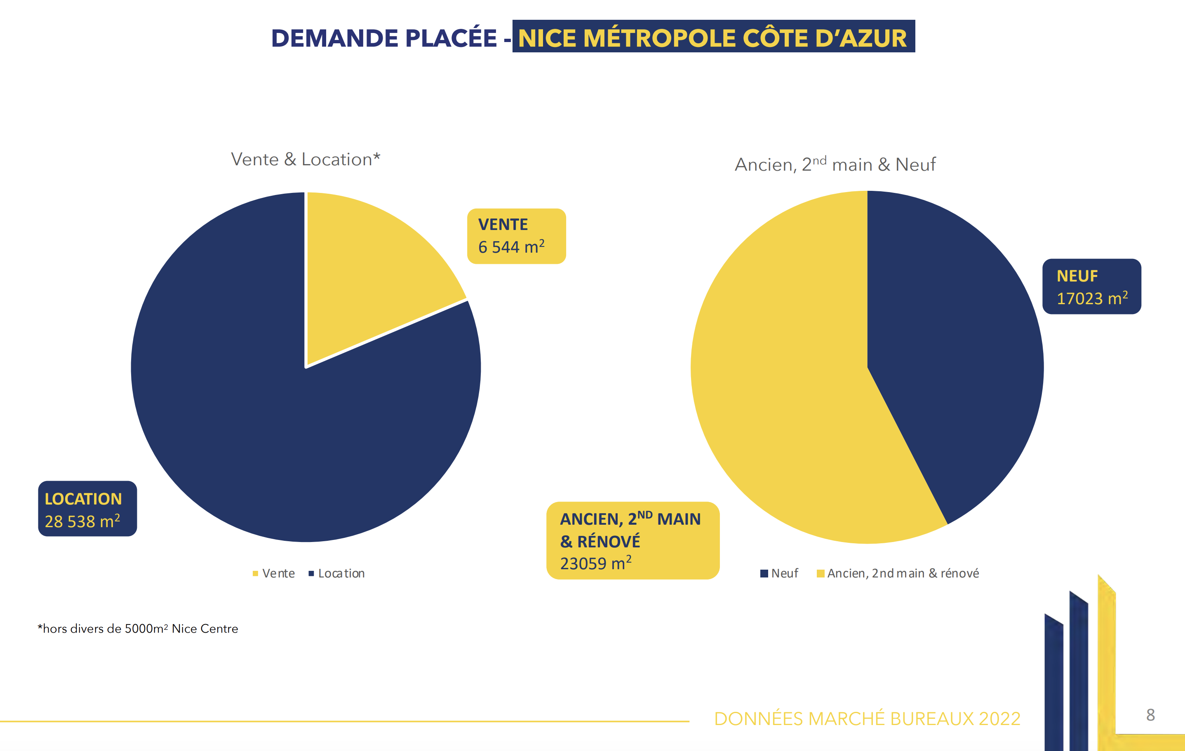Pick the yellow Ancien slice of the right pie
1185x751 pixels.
[x=788, y=394]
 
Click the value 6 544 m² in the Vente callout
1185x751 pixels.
[x=511, y=247]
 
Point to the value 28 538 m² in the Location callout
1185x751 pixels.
[x=82, y=521]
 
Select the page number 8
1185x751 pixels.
[x=1150, y=715]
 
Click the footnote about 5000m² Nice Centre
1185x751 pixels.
[x=138, y=629]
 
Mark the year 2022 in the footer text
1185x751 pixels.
[x=999, y=719]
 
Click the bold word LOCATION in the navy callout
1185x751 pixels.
[x=83, y=499]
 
